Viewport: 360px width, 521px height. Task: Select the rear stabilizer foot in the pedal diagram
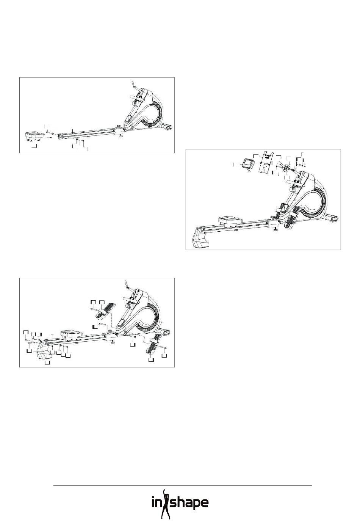pos(45,350)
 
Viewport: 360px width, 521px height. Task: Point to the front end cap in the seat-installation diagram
pos(168,127)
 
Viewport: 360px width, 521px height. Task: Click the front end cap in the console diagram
pos(333,218)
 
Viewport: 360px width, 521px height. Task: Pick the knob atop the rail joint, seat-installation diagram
pos(119,127)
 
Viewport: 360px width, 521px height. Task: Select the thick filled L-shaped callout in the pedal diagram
pos(94,327)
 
